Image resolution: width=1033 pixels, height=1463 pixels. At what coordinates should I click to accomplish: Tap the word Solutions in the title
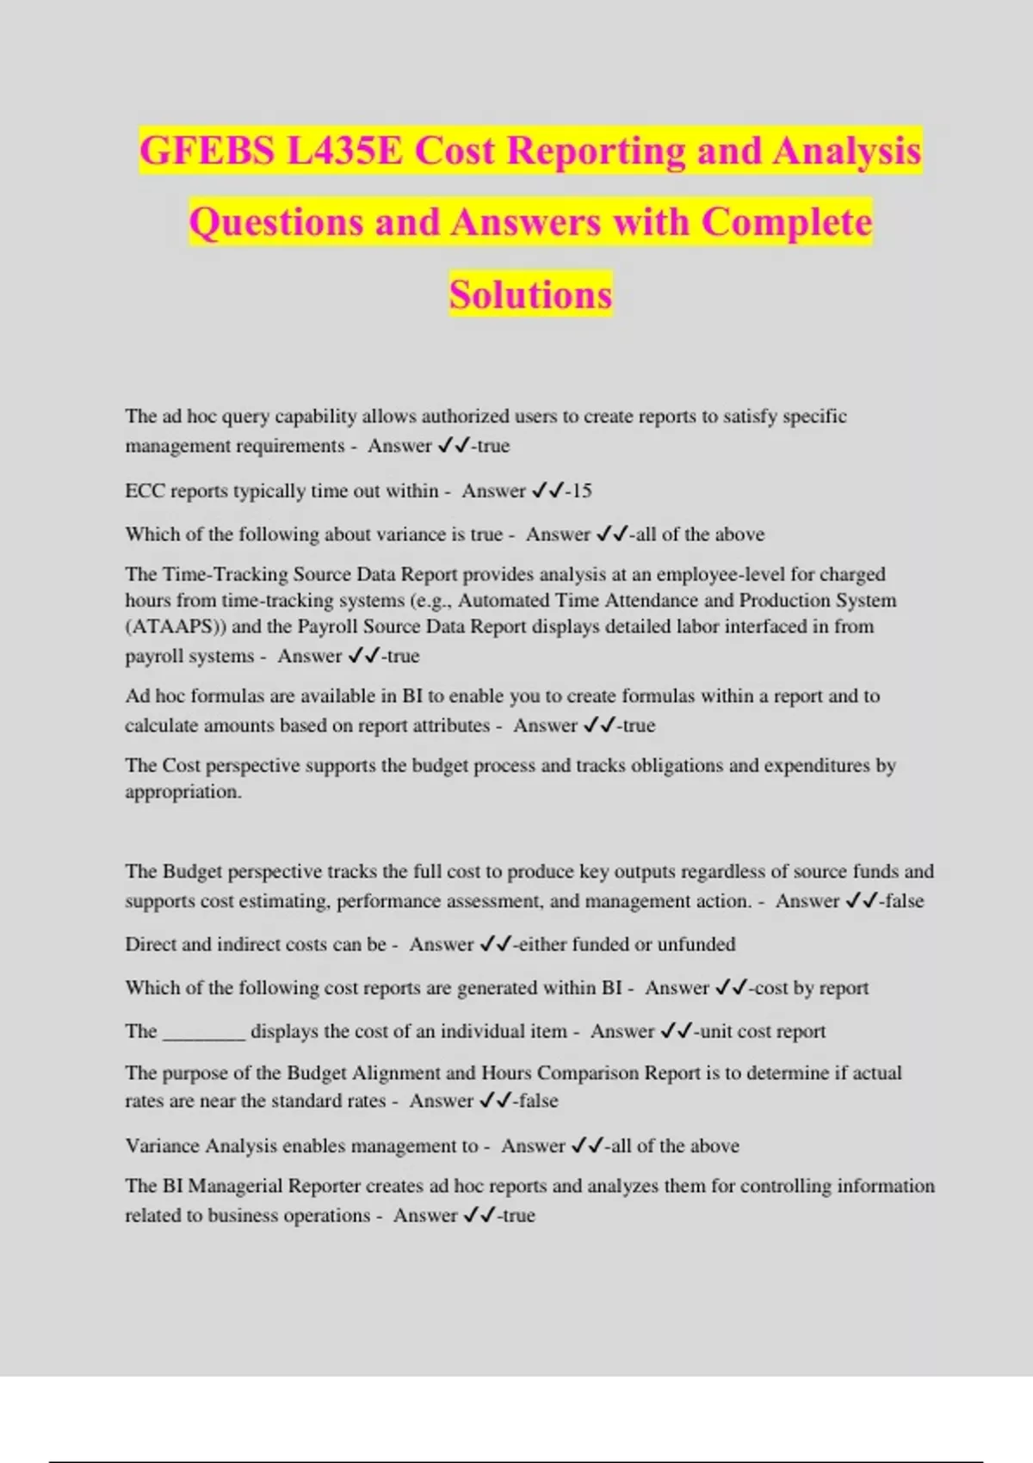click(x=530, y=294)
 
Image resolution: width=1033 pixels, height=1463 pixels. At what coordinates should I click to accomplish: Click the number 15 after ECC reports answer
click(x=582, y=491)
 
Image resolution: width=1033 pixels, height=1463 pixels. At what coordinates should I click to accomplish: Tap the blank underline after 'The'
click(x=204, y=1031)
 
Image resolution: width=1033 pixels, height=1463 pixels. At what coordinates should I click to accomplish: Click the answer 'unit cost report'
click(x=763, y=1031)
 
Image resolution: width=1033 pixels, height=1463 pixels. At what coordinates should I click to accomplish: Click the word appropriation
click(x=182, y=792)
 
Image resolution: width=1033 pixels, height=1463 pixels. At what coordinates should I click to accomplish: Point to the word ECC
click(x=145, y=491)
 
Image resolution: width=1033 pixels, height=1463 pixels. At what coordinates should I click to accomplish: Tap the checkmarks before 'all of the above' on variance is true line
click(x=612, y=534)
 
